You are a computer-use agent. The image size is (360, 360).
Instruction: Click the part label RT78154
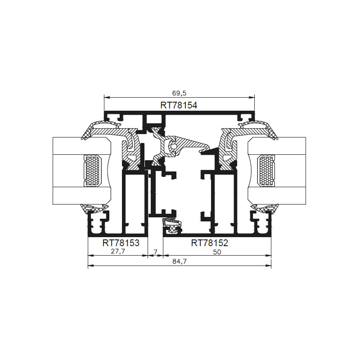tap(179, 105)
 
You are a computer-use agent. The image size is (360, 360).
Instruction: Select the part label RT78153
tap(121, 243)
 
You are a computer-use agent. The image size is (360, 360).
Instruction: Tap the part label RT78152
tap(209, 243)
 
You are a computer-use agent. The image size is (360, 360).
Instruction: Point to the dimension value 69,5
tap(179, 93)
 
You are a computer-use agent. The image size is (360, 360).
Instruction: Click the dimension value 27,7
tap(118, 252)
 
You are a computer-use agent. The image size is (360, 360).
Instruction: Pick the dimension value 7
tap(155, 252)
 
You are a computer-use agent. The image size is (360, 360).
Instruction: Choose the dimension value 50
tap(217, 252)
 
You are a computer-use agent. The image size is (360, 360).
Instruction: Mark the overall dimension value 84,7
tap(179, 261)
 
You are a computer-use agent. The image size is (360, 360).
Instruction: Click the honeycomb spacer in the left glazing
tap(93, 171)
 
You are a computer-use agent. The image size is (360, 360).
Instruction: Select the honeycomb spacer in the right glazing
tap(266, 171)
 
